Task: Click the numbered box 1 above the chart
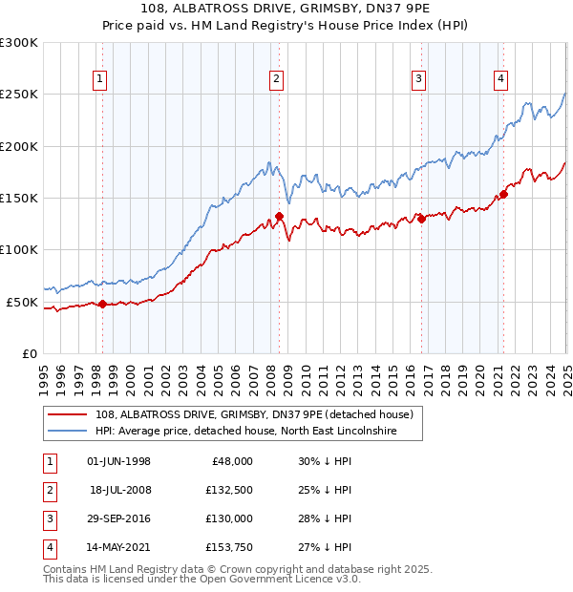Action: coord(100,79)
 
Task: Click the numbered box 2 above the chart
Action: coord(276,79)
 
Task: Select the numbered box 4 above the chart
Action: coord(500,79)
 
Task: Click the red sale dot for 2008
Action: coord(279,216)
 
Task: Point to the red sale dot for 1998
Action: coord(103,304)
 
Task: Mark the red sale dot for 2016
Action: coord(421,219)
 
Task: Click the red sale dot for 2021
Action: coord(502,194)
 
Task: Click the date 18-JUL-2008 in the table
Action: coord(119,490)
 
